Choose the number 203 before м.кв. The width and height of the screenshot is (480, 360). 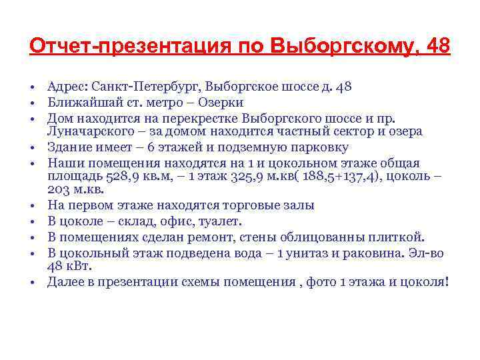(x=58, y=190)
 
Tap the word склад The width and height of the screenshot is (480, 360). (x=133, y=221)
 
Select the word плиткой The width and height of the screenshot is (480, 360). (x=396, y=237)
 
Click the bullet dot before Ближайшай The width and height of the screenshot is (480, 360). (x=32, y=103)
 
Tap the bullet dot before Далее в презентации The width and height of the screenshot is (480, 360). (x=32, y=282)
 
